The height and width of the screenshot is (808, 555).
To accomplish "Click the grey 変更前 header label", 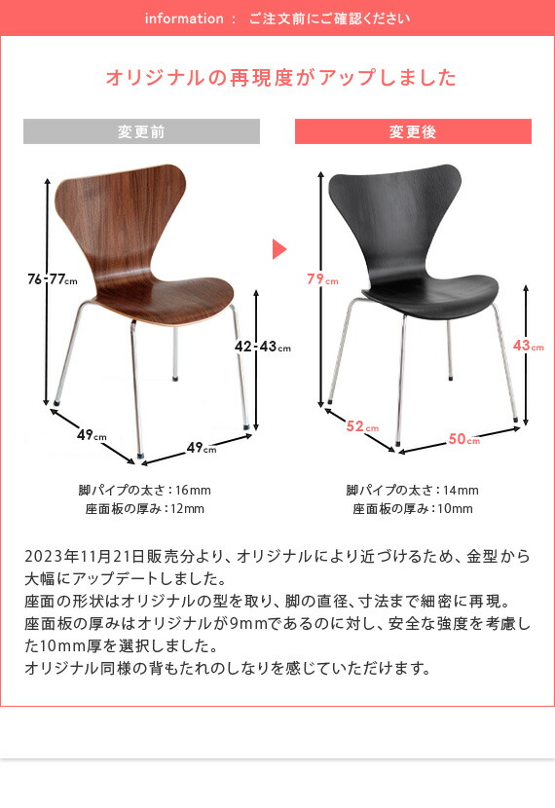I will [141, 131].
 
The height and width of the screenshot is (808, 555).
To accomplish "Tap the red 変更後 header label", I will [413, 131].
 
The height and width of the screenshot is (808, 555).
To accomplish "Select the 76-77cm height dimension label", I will [52, 280].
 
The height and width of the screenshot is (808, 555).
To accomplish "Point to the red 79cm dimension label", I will [322, 279].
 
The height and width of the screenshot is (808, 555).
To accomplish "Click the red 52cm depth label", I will [362, 425].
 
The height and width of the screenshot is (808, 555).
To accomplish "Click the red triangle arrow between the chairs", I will [278, 249].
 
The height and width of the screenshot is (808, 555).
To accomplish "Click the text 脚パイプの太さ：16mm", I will [144, 490].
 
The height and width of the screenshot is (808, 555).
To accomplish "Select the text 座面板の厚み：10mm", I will [412, 509].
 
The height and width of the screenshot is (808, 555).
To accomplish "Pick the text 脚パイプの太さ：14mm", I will [412, 490].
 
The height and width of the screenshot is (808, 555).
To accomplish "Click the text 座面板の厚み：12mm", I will [144, 509].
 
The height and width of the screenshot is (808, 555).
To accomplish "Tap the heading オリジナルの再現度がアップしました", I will [280, 78].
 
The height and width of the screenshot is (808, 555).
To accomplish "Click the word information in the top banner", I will [183, 18].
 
